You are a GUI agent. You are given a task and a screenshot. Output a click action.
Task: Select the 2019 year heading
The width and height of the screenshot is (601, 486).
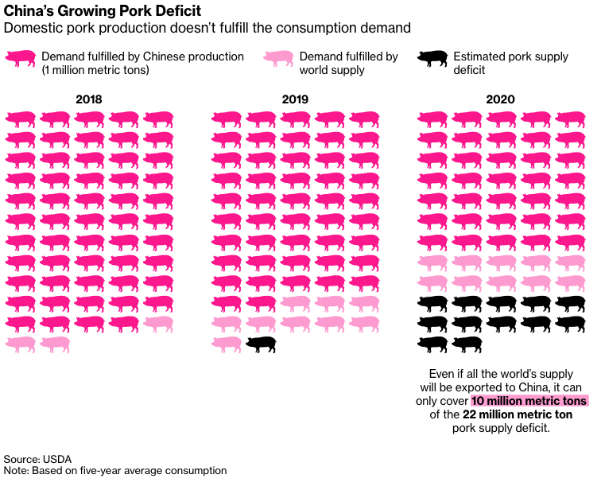point(295,100)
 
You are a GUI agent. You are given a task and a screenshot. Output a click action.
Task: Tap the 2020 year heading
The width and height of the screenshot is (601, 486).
point(502,100)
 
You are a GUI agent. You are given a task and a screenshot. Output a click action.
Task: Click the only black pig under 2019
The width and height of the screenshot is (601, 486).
point(262,344)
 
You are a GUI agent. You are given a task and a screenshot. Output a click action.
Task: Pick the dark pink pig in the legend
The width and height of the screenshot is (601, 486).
point(21,58)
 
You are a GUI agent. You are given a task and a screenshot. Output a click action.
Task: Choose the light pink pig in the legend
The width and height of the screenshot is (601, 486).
point(279,58)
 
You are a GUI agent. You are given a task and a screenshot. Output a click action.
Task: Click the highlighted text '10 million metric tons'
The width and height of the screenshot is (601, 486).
point(529,401)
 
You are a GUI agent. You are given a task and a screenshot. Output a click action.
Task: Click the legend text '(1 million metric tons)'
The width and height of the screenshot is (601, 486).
point(96,70)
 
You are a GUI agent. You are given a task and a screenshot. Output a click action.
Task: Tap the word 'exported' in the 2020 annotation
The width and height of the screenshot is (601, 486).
point(506,387)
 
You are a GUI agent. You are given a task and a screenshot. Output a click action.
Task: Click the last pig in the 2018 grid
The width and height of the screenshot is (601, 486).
point(55,344)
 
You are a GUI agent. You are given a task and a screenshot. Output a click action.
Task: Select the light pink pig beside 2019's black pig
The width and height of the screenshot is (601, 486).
point(227,344)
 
